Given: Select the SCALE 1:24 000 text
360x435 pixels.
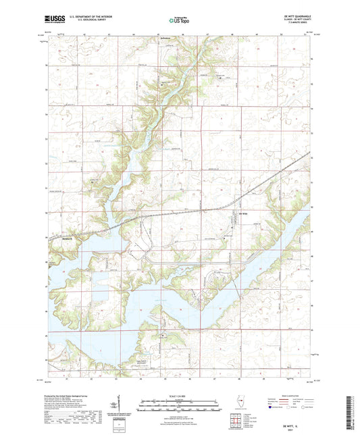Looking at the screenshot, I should (x=179, y=396).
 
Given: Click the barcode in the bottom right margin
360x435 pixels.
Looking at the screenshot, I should (x=353, y=413).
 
